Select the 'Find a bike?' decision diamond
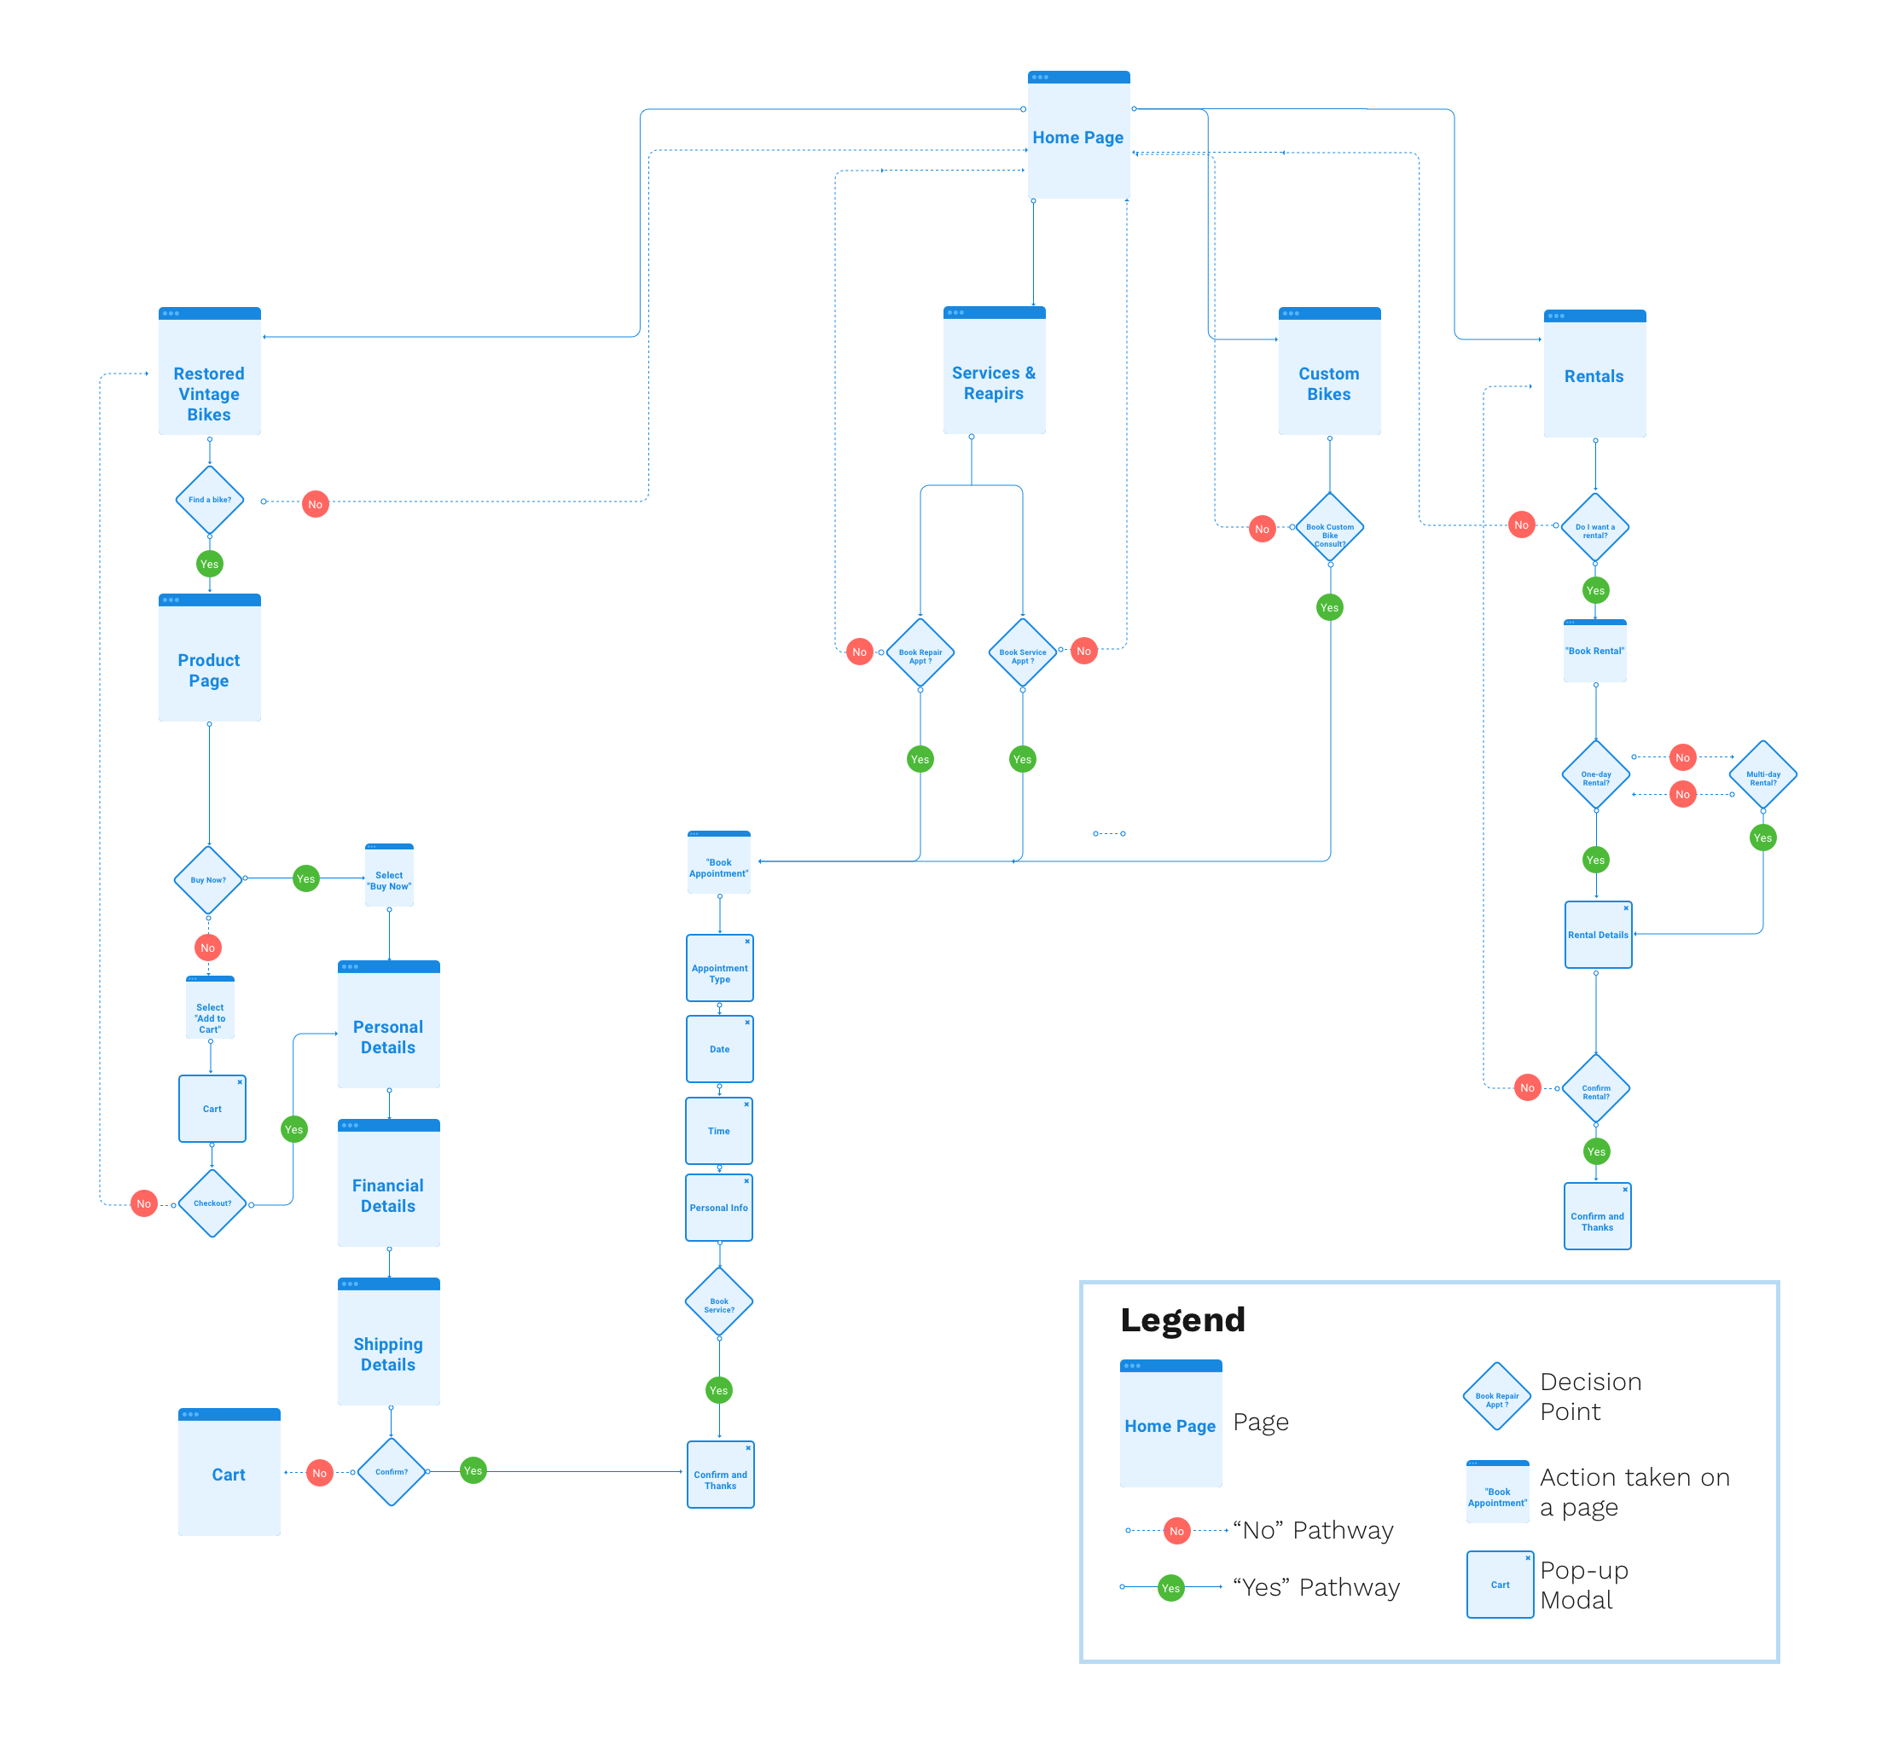210,499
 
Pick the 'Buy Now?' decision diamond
209,880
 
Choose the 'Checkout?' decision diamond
212,1203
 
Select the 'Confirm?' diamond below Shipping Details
391,1472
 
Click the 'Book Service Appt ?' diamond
1022,653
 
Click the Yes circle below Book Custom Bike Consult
1330,607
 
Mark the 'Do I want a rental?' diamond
1595,528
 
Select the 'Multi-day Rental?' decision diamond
1762,775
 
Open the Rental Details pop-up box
1599,935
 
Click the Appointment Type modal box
719,969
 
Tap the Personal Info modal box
719,1208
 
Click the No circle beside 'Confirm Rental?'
1527,1087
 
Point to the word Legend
1182,1320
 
